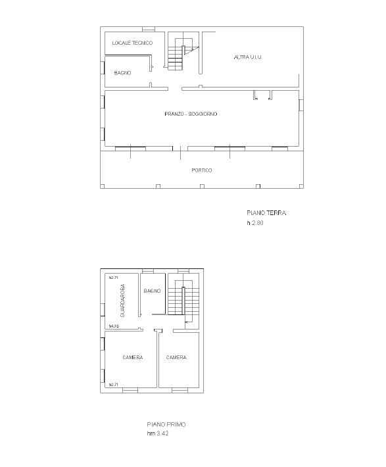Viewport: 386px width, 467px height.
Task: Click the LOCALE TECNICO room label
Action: [132, 43]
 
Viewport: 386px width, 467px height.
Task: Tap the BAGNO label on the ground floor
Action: [122, 73]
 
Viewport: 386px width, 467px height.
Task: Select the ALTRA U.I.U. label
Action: [248, 58]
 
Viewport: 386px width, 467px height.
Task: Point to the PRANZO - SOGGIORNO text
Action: [191, 114]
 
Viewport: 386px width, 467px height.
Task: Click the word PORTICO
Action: [202, 170]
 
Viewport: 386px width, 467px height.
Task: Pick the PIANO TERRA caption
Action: [266, 213]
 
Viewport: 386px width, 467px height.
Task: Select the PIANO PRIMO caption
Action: [166, 424]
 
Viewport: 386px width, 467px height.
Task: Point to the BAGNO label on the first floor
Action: [153, 291]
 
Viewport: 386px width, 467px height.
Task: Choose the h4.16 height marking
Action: [113, 326]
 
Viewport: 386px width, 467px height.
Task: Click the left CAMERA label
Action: [133, 358]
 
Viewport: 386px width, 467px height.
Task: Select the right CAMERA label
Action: [176, 358]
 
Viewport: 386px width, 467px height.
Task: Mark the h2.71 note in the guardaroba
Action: [113, 278]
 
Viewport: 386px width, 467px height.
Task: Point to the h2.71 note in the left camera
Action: [113, 384]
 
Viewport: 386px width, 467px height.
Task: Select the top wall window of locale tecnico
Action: [149, 29]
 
